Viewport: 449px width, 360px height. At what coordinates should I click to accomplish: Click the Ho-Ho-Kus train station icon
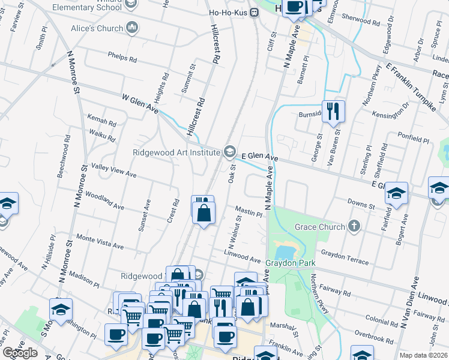click(x=255, y=12)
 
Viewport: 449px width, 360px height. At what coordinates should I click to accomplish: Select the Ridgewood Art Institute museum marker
click(x=229, y=152)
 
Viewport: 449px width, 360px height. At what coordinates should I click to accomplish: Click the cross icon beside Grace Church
click(x=355, y=227)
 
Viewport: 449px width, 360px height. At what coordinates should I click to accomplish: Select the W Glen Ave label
click(x=140, y=104)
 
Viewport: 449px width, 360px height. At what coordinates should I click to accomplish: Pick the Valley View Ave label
click(x=113, y=170)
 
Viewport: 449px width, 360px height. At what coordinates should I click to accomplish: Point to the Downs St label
click(x=362, y=205)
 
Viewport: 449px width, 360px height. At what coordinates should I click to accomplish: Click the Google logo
click(x=20, y=353)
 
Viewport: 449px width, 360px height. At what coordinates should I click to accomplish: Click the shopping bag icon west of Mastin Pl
click(x=204, y=213)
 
